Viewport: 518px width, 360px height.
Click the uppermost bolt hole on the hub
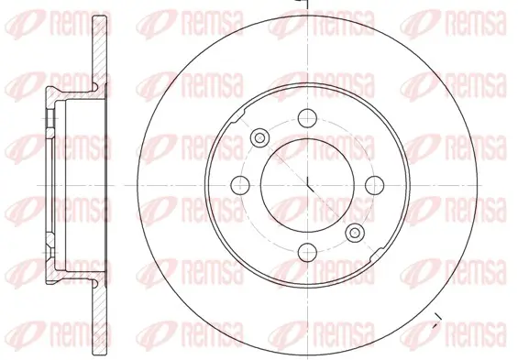pyautogui.click(x=307, y=118)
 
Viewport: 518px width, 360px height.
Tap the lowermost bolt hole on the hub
pyautogui.click(x=307, y=253)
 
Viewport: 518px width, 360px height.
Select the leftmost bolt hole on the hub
pyautogui.click(x=240, y=185)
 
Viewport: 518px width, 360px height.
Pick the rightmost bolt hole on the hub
pyautogui.click(x=375, y=185)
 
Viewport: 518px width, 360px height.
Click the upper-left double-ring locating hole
pyautogui.click(x=259, y=137)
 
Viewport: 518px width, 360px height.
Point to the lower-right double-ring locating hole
pyautogui.click(x=355, y=233)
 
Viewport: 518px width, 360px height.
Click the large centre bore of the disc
pyautogui.click(x=307, y=185)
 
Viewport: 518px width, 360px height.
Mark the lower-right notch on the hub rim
pyautogui.click(x=377, y=253)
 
